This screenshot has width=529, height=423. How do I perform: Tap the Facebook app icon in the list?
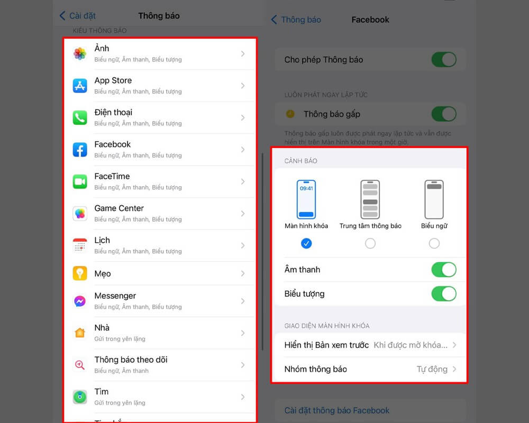[x=80, y=150]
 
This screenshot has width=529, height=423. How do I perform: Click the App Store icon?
[x=80, y=86]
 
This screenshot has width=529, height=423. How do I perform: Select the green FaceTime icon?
[x=80, y=181]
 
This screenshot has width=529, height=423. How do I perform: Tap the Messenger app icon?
[x=80, y=301]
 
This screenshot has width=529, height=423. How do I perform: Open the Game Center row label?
[x=119, y=208]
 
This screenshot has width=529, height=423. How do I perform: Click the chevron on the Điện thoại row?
[x=243, y=117]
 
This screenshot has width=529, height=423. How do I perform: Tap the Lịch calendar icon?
[x=80, y=245]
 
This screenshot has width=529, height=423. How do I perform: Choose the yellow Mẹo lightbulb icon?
[x=80, y=273]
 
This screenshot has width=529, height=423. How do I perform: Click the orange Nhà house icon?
[x=80, y=333]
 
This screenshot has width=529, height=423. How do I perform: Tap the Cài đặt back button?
[x=77, y=16]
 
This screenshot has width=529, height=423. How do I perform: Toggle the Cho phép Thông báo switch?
[x=443, y=59]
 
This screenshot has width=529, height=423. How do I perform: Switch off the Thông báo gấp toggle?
[x=443, y=114]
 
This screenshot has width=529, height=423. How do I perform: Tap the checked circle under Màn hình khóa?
[x=306, y=243]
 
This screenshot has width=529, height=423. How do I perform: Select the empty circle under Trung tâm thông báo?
[x=370, y=243]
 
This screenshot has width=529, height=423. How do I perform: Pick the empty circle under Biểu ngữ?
[x=434, y=243]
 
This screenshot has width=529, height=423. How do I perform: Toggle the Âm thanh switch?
[x=443, y=270]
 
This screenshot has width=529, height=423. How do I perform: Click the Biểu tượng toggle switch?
[x=443, y=293]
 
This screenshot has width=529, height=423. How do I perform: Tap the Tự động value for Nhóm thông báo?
[x=432, y=369]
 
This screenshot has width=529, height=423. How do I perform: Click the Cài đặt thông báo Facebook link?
[x=336, y=410]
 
